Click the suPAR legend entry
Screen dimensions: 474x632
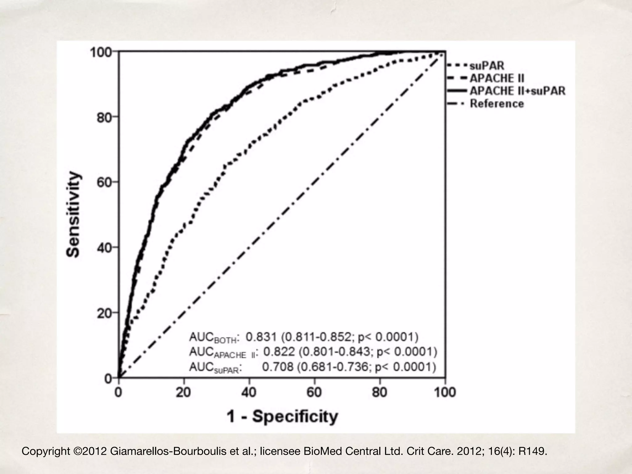click(487, 66)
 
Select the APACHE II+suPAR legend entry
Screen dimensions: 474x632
click(518, 91)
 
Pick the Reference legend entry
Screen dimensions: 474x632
click(497, 104)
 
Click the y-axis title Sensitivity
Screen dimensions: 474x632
click(73, 214)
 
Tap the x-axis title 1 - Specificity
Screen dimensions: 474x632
click(282, 417)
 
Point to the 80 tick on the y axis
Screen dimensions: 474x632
click(104, 117)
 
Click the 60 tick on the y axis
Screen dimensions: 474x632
click(104, 182)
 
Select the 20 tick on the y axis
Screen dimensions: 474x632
click(104, 313)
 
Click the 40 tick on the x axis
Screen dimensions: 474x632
click(249, 393)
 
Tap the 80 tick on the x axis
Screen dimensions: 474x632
click(379, 393)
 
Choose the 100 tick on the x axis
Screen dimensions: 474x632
click(445, 393)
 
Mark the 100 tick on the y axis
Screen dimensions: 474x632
click(101, 52)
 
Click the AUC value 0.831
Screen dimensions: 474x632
click(261, 337)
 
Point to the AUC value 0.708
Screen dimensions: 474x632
click(277, 367)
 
